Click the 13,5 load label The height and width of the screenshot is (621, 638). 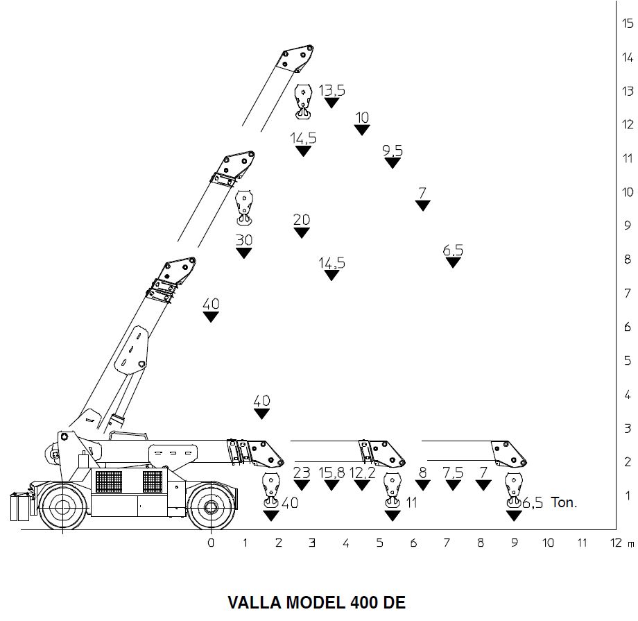[331, 90]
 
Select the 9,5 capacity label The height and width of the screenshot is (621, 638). [393, 151]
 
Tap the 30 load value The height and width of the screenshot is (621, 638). [243, 240]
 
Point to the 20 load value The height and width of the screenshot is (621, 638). [302, 220]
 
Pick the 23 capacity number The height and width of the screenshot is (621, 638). [302, 473]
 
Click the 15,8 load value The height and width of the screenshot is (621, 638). [331, 473]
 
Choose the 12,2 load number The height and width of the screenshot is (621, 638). [362, 473]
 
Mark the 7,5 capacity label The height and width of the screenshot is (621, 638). [453, 473]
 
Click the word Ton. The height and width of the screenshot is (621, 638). [563, 503]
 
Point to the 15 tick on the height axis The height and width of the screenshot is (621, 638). [628, 23]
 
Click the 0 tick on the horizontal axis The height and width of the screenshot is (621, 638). [211, 543]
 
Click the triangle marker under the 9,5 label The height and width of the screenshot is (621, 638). [393, 163]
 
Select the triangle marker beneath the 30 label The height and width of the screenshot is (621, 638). [243, 253]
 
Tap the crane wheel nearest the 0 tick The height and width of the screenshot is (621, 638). [207, 505]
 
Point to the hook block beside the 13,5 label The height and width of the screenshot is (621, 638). [303, 102]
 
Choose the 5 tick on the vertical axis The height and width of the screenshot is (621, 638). [628, 361]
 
